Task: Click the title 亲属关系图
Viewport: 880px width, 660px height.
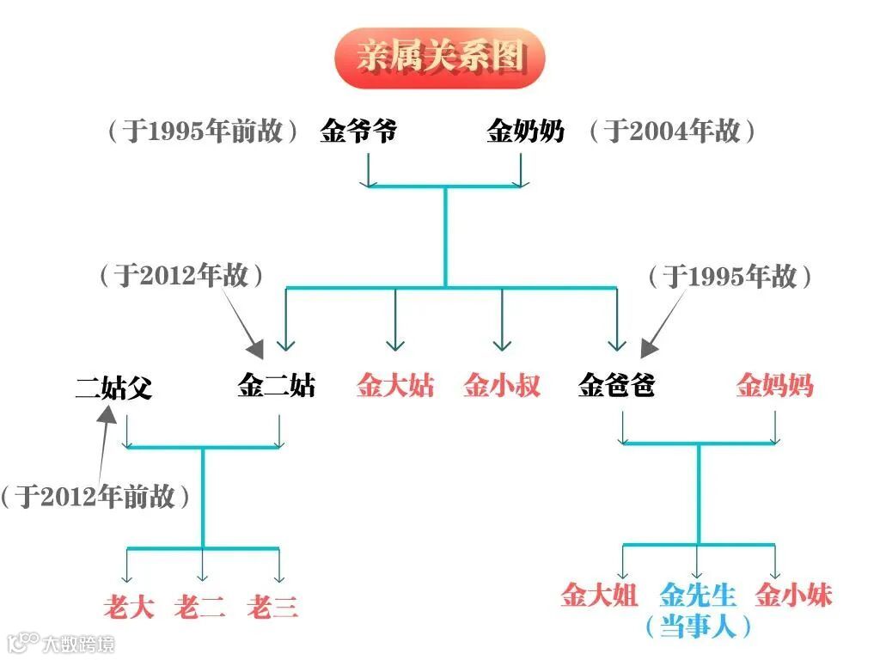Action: tap(440, 57)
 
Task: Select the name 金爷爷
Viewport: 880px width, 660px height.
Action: tap(358, 131)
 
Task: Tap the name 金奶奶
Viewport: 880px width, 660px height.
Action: tap(525, 131)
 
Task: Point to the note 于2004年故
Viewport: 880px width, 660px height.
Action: tap(671, 131)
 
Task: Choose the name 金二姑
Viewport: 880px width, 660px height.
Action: tap(276, 386)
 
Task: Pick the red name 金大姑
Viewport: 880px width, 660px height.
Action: tap(395, 386)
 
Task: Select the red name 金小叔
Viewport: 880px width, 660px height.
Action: tap(502, 386)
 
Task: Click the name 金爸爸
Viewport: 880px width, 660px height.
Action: tap(617, 386)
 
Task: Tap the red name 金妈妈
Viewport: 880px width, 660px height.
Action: tap(774, 386)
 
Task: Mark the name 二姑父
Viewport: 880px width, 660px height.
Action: tap(113, 388)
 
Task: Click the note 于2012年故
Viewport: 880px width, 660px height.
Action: tap(181, 276)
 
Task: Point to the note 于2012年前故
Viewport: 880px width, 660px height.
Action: tap(95, 497)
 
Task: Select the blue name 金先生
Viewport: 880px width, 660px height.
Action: tap(698, 595)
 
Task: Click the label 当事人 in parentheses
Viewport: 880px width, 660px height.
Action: tap(698, 626)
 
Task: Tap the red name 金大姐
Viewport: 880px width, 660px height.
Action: tap(599, 595)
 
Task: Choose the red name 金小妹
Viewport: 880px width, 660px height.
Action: tap(794, 595)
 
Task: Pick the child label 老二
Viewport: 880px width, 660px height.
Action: tap(200, 608)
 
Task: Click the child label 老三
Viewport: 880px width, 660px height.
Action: tap(272, 608)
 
